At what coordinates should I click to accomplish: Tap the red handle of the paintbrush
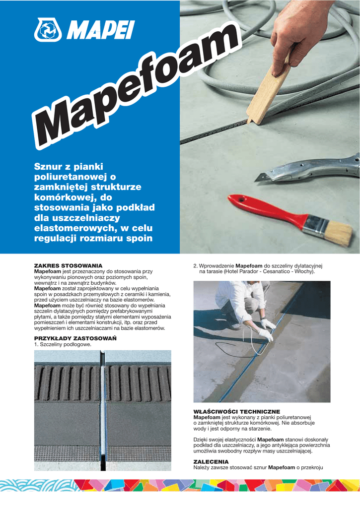[x=264, y=210]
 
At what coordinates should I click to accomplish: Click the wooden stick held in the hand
[x=271, y=94]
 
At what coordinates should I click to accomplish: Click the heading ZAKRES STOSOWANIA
[x=68, y=266]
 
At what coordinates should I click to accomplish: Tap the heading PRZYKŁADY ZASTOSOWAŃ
[x=75, y=338]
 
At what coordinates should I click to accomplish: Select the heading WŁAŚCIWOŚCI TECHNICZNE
[x=236, y=412]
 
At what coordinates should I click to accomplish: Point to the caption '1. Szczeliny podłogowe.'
[x=63, y=344]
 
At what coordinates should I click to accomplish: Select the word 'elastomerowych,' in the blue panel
[x=73, y=229]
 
